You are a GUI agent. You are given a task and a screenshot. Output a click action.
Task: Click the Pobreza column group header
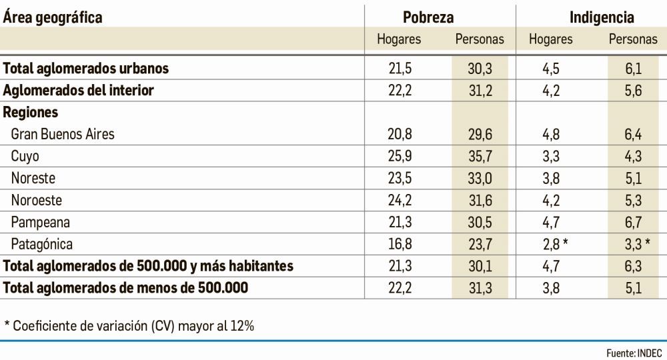tap(438, 17)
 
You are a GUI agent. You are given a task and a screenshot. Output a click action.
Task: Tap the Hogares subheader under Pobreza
tap(399, 39)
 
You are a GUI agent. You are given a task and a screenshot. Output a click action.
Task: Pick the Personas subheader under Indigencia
tap(632, 39)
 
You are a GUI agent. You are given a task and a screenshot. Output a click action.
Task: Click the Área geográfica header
tap(53, 17)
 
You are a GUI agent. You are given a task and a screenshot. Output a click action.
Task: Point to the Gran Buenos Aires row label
tap(63, 134)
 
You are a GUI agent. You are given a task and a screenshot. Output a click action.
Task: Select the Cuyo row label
tap(25, 156)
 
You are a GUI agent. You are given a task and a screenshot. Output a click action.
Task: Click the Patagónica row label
tap(41, 244)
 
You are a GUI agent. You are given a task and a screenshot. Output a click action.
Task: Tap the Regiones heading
tap(30, 112)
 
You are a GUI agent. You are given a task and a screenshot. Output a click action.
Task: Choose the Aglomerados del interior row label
tap(78, 90)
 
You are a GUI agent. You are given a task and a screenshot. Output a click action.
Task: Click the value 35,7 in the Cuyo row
tap(480, 156)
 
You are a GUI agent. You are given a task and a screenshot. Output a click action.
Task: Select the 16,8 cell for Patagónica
tap(400, 244)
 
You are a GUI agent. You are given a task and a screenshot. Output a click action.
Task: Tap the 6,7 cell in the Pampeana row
tap(633, 222)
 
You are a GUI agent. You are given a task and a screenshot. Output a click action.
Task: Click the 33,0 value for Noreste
tap(480, 178)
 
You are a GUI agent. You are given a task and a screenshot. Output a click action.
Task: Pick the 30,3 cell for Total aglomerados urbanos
tap(480, 68)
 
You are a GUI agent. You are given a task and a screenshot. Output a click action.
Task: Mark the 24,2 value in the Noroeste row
tap(400, 200)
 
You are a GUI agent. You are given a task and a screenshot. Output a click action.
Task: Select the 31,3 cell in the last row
tap(480, 288)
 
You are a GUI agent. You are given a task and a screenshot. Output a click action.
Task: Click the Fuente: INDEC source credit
tap(634, 351)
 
